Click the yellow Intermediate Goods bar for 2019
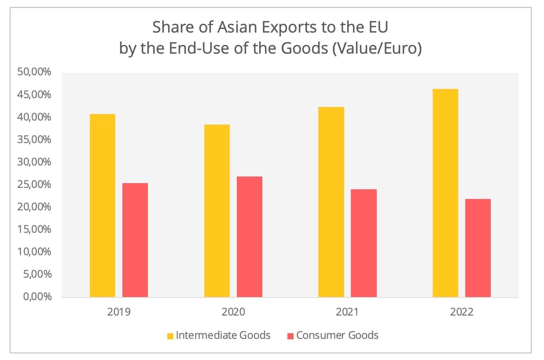(x=102, y=206)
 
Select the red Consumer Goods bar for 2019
(x=135, y=240)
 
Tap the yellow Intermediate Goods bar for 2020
(x=217, y=211)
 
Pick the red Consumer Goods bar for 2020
(x=249, y=237)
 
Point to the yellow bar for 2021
(x=331, y=202)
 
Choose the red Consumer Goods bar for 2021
(x=364, y=243)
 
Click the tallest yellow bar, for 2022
(x=445, y=193)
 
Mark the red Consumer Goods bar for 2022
(x=478, y=248)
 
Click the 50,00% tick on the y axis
(x=34, y=72)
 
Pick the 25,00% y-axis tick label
(x=34, y=184)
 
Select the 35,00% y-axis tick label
(x=34, y=139)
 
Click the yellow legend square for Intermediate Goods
(x=171, y=335)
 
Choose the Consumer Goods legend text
(x=337, y=335)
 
